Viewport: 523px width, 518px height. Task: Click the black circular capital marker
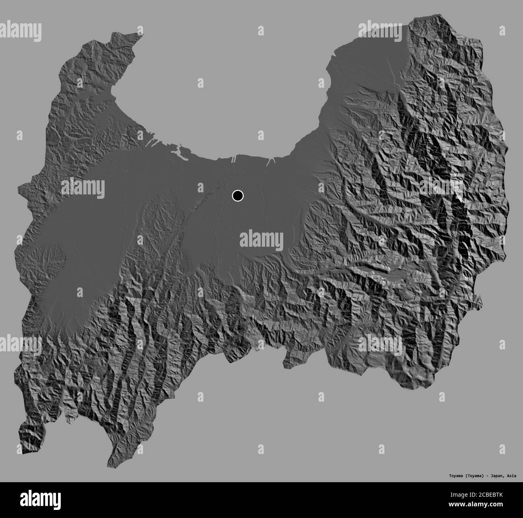[x=238, y=196]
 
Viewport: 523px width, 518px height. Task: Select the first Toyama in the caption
[x=457, y=475]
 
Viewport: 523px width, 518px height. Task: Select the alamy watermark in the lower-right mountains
[x=380, y=345]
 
